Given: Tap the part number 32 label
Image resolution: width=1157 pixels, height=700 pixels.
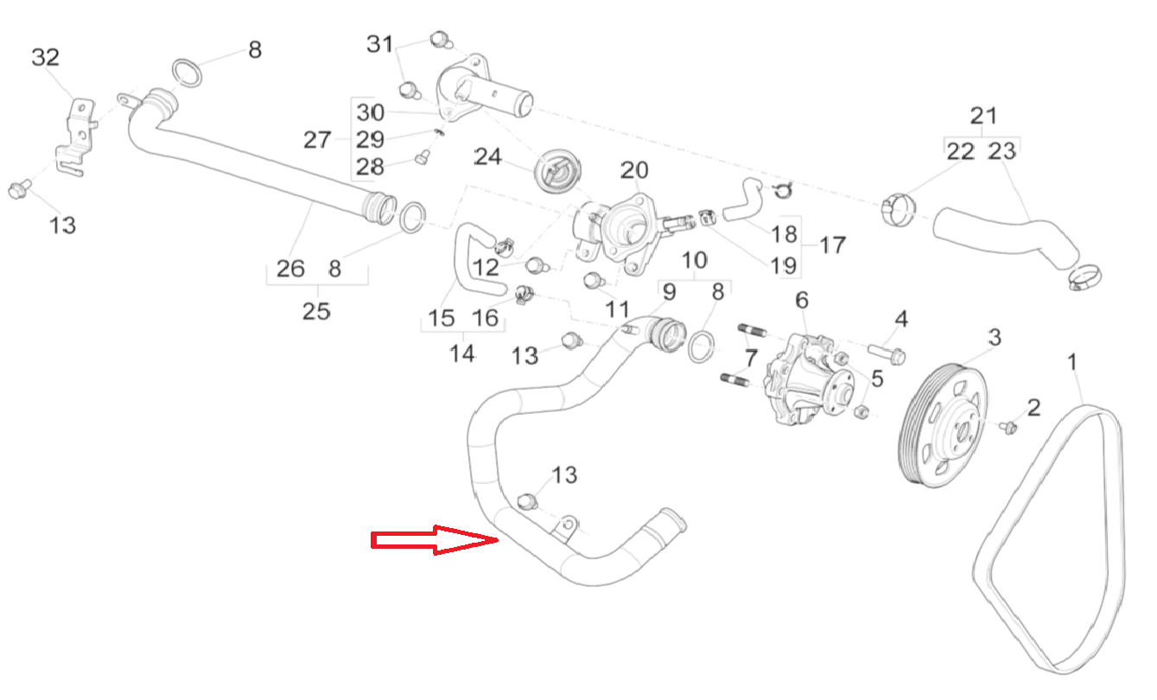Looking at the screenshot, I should (46, 58).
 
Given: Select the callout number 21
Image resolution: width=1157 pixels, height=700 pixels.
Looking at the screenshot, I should (983, 115).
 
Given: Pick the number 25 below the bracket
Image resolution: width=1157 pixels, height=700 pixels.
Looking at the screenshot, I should (316, 311).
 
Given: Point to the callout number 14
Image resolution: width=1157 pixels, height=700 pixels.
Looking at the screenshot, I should (462, 353).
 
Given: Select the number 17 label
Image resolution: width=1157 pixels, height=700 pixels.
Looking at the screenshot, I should (832, 245).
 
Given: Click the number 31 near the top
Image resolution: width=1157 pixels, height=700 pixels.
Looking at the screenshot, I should (380, 43).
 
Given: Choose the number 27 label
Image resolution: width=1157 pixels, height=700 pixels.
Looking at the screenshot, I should (317, 139).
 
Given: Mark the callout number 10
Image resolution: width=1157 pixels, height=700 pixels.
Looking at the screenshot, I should (695, 259).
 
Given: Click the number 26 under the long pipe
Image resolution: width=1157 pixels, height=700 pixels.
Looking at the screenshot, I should (290, 268).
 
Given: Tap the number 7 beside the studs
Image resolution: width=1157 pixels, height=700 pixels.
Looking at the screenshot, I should (749, 356).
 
